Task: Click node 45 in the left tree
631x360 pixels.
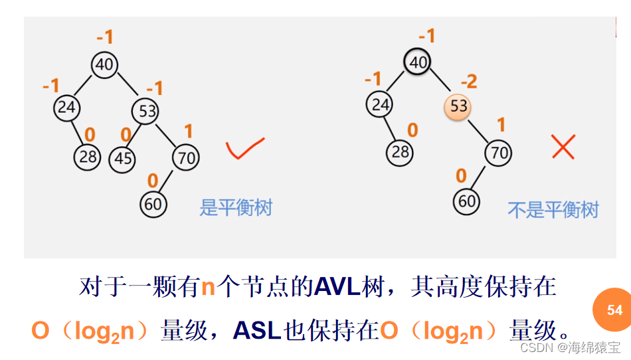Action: [123, 158]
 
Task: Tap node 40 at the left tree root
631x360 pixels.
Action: [104, 64]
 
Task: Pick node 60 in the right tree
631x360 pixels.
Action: [467, 200]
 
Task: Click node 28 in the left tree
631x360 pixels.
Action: [87, 156]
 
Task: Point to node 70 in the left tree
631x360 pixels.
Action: [185, 157]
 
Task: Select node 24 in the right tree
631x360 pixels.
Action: [380, 104]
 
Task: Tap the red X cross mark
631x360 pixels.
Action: [563, 146]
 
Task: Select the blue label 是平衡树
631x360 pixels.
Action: [236, 207]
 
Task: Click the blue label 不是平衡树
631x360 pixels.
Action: [553, 210]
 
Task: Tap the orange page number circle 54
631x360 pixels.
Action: [614, 310]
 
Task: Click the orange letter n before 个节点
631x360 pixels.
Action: [208, 288]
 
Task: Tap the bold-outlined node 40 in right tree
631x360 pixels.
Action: [417, 62]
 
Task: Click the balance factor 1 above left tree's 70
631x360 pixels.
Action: [188, 131]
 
